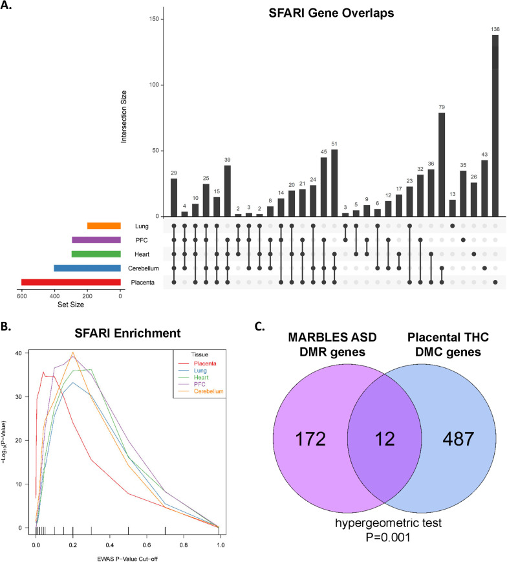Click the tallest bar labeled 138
coord(495,125)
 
